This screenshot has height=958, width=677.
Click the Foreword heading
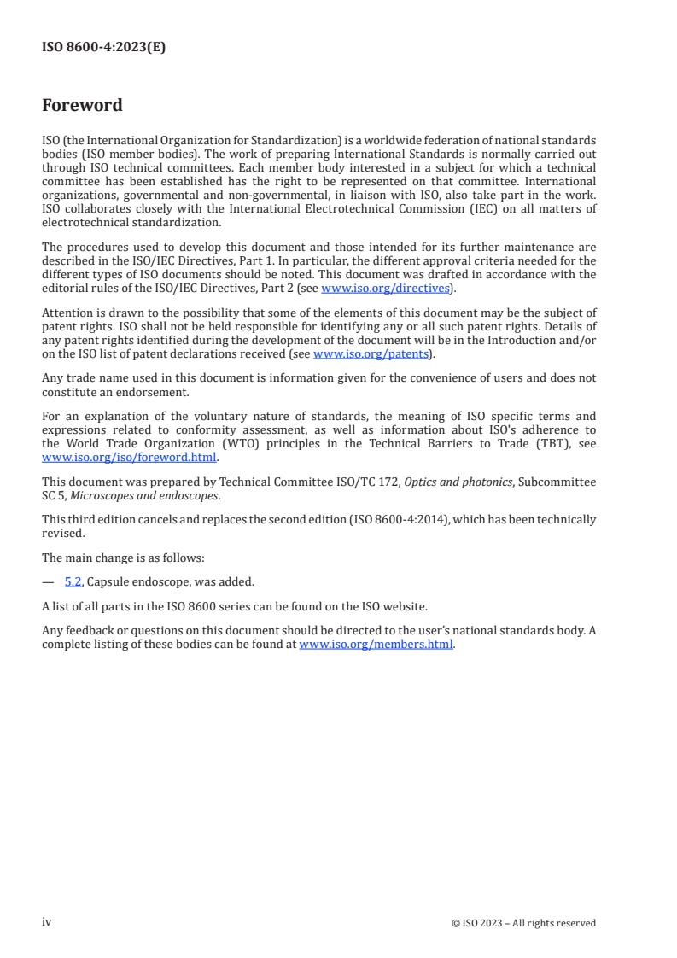82,106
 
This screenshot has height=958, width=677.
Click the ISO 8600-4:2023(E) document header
103,48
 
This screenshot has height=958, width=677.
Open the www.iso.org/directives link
385,289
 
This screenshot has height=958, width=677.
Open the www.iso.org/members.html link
376,645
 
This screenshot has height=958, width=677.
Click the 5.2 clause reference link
73,582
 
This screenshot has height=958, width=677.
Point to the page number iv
47,922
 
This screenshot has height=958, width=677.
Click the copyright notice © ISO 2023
523,923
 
